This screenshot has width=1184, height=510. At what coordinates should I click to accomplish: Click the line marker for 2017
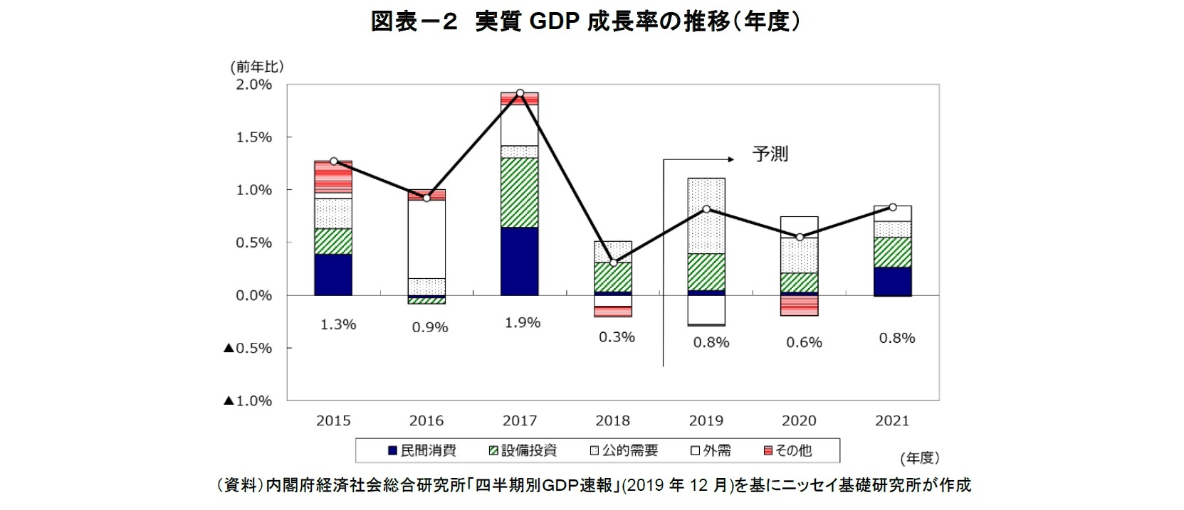520,93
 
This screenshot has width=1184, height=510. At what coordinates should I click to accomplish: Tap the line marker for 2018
613,262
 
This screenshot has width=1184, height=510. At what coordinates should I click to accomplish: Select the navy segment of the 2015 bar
333,275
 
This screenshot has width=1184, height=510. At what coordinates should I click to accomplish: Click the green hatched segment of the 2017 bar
520,192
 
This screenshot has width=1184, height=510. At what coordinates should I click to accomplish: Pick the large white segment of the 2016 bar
426,239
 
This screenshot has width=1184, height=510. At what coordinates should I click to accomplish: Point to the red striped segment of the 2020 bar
799,305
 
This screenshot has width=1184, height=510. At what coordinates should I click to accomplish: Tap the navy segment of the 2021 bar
892,281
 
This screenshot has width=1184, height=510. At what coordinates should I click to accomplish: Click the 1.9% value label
523,323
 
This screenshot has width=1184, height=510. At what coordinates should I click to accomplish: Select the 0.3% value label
617,337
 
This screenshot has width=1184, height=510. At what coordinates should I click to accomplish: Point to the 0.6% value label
804,342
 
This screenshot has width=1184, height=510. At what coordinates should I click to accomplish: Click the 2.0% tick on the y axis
253,85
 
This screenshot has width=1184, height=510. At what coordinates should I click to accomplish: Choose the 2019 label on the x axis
706,420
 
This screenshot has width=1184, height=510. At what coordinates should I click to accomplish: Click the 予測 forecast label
770,154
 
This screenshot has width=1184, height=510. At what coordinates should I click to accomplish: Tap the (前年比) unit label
257,67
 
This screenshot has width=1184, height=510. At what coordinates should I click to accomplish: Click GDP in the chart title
554,22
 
